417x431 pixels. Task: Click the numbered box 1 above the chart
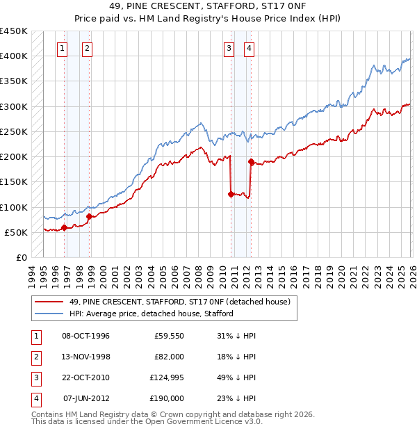point(63,48)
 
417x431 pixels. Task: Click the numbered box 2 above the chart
point(87,48)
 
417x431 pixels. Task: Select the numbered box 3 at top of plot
point(229,48)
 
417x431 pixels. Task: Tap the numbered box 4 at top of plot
point(248,48)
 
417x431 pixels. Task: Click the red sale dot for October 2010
point(231,194)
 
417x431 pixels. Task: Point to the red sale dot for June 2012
point(250,161)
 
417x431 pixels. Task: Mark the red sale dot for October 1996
point(64,227)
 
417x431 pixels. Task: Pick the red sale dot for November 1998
point(89,216)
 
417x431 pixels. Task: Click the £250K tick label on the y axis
point(14,131)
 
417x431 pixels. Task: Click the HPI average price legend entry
point(151,314)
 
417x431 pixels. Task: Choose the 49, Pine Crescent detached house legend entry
point(183,302)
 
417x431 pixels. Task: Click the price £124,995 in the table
point(166,377)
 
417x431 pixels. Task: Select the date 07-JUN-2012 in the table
point(86,398)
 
